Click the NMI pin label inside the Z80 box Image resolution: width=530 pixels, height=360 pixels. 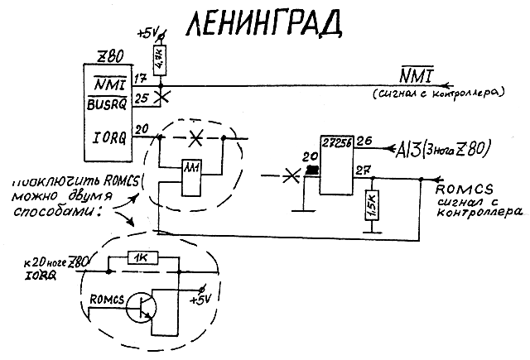coord(107,82)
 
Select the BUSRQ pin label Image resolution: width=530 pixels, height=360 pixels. coord(107,104)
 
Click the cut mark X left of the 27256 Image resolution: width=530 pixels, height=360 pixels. coord(288,176)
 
